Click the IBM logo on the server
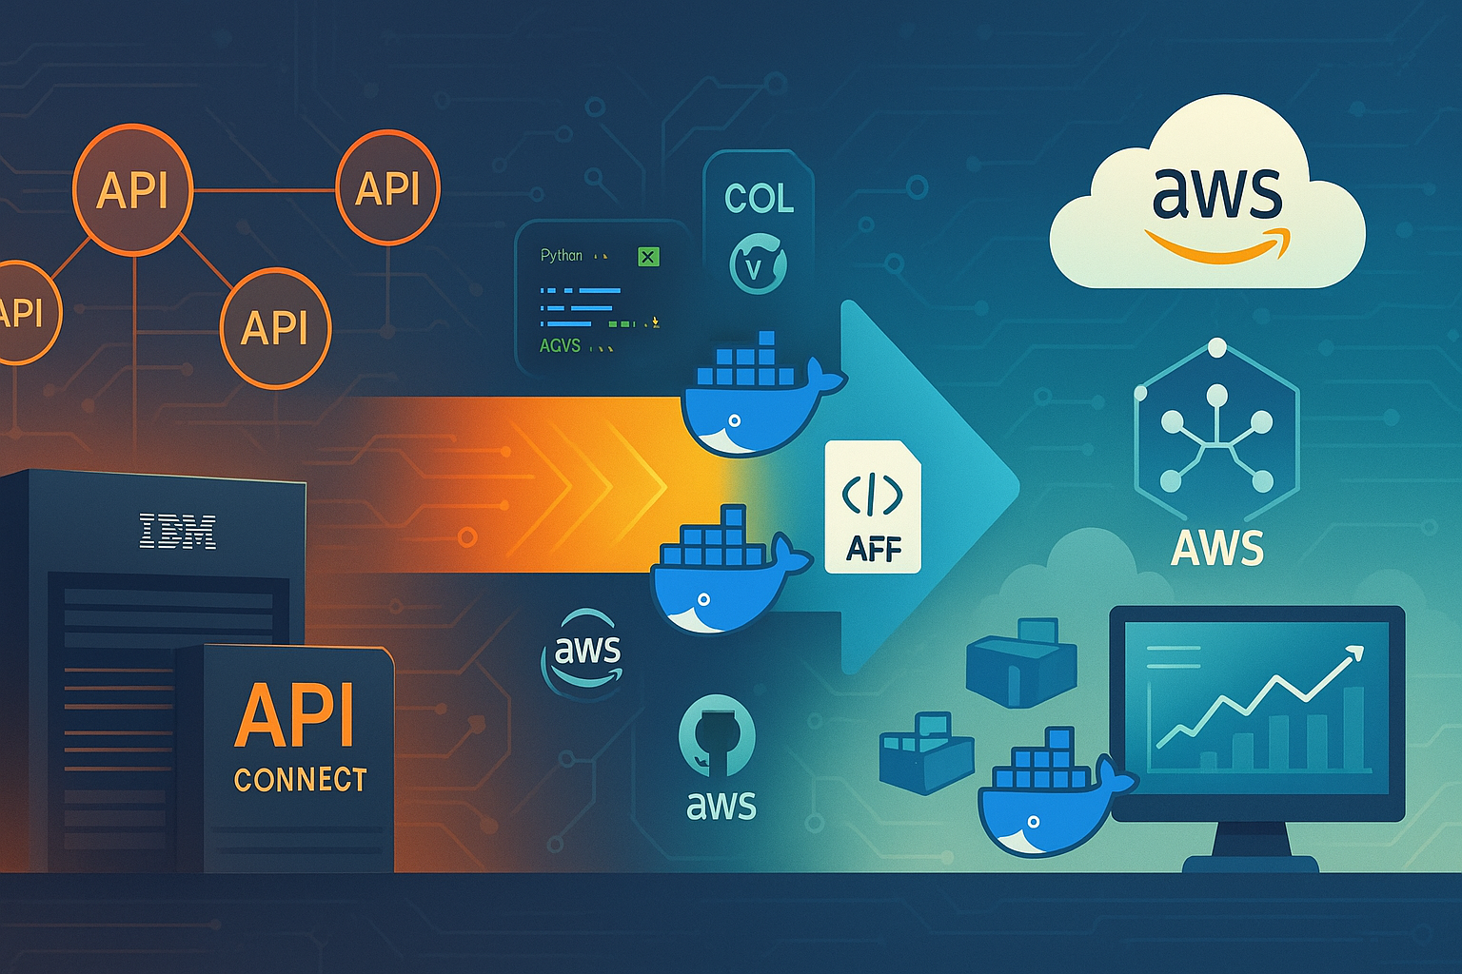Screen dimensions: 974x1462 [178, 532]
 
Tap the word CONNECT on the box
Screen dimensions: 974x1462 [301, 780]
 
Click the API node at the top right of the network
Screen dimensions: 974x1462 [387, 188]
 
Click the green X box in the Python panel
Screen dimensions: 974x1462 [648, 256]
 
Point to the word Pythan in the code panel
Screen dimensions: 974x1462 [562, 255]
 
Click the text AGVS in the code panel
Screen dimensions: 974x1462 [560, 345]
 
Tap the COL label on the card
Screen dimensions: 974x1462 [759, 198]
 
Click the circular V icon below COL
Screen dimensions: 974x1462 [758, 265]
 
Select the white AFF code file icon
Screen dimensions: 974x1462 [873, 507]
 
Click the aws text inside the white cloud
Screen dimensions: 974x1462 [1216, 193]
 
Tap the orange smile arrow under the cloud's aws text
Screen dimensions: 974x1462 [1218, 246]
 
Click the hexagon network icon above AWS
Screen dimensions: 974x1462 [1216, 422]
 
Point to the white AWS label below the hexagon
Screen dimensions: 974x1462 [1217, 548]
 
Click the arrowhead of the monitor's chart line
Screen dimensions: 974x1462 [1355, 653]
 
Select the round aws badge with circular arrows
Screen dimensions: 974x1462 [585, 654]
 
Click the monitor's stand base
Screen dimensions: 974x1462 [1251, 862]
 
